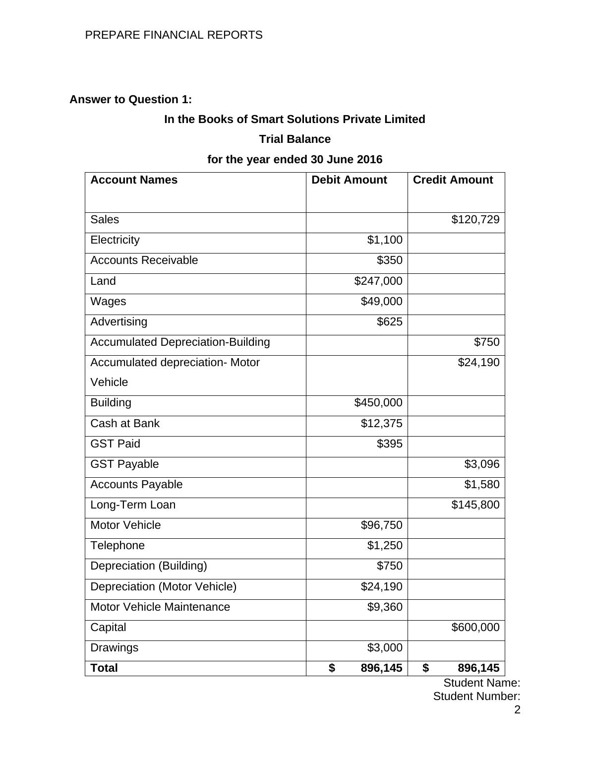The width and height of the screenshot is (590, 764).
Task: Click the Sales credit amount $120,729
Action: tap(475, 220)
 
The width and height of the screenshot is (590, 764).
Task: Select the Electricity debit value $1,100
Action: tap(385, 240)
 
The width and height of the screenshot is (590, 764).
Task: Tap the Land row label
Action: tap(103, 281)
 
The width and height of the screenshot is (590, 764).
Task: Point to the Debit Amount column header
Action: tap(349, 180)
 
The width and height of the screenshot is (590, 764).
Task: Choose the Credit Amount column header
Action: tap(453, 180)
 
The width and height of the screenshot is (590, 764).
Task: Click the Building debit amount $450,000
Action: tap(378, 403)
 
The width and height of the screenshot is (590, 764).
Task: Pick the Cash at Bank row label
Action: tap(125, 424)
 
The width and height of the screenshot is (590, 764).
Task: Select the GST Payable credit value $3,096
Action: tap(481, 464)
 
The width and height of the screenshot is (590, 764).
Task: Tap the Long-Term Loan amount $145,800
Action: tap(475, 505)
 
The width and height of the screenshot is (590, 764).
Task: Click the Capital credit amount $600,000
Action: tap(475, 628)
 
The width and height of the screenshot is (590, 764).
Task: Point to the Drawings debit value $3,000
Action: tap(385, 648)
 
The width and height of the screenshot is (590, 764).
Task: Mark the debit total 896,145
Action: tap(381, 668)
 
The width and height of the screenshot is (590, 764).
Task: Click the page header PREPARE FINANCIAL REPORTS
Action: tap(174, 35)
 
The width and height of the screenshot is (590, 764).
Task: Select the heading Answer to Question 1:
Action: tap(130, 100)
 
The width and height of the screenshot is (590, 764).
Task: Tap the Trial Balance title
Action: tap(295, 139)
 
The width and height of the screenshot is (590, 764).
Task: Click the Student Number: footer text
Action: tap(476, 697)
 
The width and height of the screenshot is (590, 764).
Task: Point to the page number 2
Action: tap(517, 710)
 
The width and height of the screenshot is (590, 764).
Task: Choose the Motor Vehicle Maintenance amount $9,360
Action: tap(385, 607)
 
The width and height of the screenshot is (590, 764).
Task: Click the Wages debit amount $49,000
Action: tap(381, 302)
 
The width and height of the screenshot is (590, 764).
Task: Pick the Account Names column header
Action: tap(134, 180)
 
